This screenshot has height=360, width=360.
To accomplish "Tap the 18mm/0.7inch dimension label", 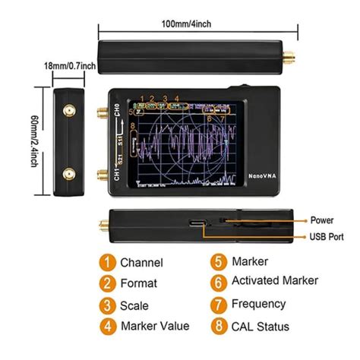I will (69, 66).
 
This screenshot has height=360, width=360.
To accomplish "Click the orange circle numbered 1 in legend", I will (107, 263).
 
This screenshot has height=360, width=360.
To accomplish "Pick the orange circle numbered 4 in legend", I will (107, 326).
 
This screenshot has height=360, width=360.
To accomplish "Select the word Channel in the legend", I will (142, 263).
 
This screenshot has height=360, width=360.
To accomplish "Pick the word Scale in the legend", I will (135, 305).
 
